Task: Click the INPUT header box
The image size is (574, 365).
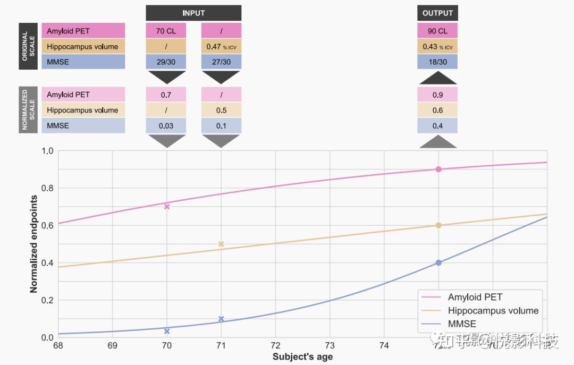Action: point(193,13)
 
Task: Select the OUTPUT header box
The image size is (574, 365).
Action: point(437,13)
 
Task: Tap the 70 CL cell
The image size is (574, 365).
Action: point(166,31)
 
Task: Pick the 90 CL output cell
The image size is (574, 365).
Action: point(437,31)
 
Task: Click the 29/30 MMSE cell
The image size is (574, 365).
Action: point(166,62)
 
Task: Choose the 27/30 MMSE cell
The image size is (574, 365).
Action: point(221,62)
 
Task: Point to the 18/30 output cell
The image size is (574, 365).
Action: point(437,62)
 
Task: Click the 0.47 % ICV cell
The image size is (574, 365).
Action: point(221,46)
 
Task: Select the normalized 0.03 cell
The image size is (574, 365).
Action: point(166,125)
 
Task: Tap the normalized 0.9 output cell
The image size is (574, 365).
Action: point(437,95)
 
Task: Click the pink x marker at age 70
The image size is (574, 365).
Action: point(167,206)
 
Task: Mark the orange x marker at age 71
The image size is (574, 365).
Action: point(221,244)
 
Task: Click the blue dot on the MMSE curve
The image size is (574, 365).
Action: point(438,262)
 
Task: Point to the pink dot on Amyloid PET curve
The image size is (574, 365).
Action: point(438,169)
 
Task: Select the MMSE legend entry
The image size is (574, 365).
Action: point(462,324)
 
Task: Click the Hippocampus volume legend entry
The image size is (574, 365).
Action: point(493,311)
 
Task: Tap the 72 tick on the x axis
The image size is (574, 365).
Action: point(275,346)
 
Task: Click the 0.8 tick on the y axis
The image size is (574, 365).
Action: point(48,188)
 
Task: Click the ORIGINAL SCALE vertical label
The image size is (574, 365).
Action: point(28,46)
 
